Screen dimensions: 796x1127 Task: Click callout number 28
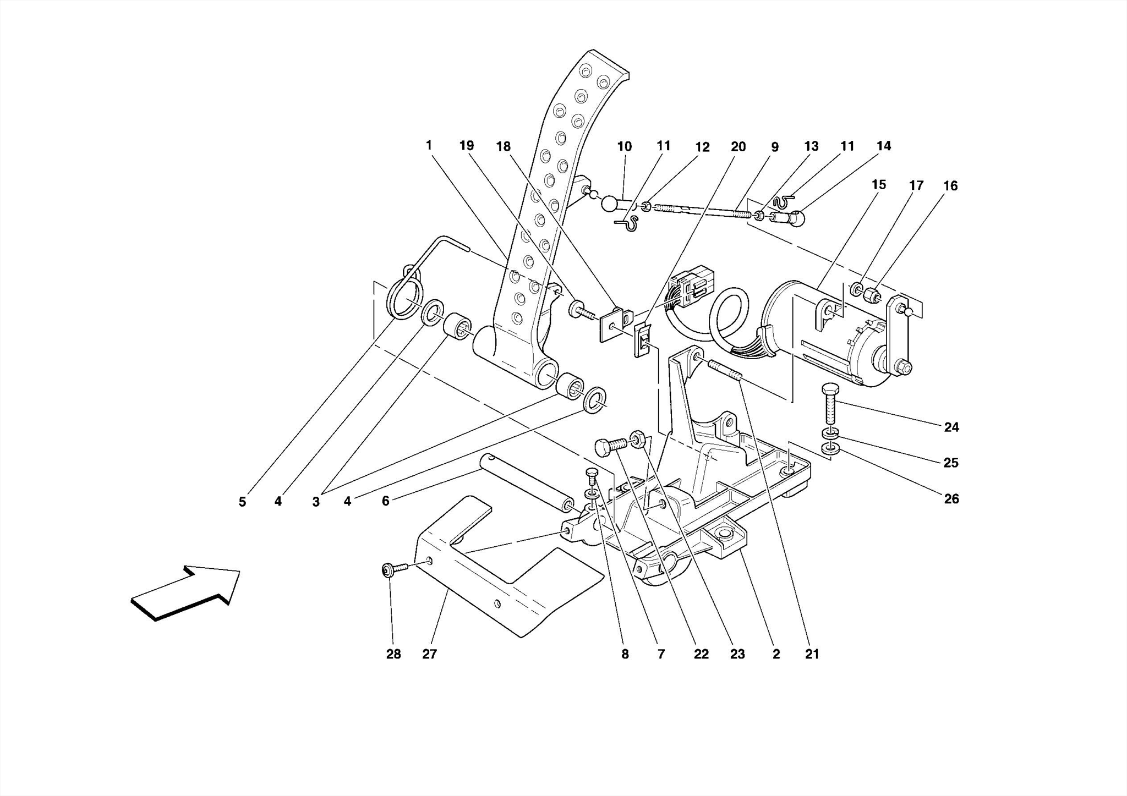[x=393, y=654]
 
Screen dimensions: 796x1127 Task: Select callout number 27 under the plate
[x=429, y=654]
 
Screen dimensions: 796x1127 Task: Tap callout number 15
[x=879, y=185]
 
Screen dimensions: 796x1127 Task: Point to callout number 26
[x=951, y=499]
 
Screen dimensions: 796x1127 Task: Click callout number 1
[x=429, y=145]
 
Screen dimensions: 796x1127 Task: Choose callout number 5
[x=242, y=502]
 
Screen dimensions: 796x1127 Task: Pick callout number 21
[x=812, y=654]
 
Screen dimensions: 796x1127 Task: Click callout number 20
[x=738, y=147]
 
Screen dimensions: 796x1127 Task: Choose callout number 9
[x=774, y=147]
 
